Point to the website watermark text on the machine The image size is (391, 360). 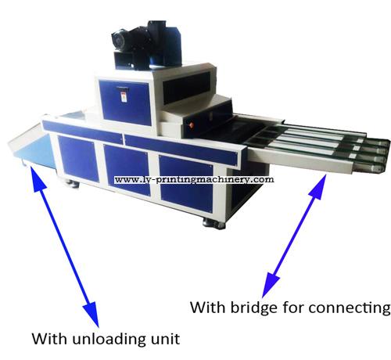(x=194, y=180)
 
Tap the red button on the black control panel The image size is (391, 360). (x=192, y=124)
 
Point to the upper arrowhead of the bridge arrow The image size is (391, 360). (x=320, y=185)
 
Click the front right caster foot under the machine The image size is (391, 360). (x=213, y=223)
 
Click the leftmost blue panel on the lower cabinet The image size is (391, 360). (x=77, y=159)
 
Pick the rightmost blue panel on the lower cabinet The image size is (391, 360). (x=186, y=184)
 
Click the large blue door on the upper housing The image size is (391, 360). (x=125, y=103)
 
